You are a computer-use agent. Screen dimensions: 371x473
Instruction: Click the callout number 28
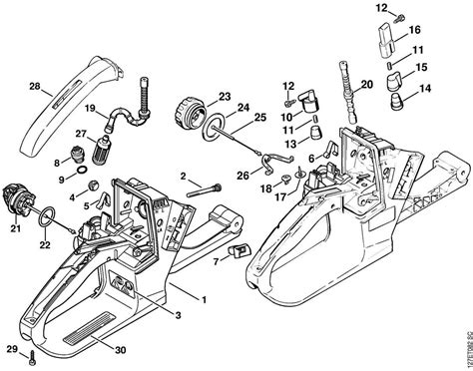click(34, 88)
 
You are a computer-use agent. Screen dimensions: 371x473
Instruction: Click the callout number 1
click(205, 297)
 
